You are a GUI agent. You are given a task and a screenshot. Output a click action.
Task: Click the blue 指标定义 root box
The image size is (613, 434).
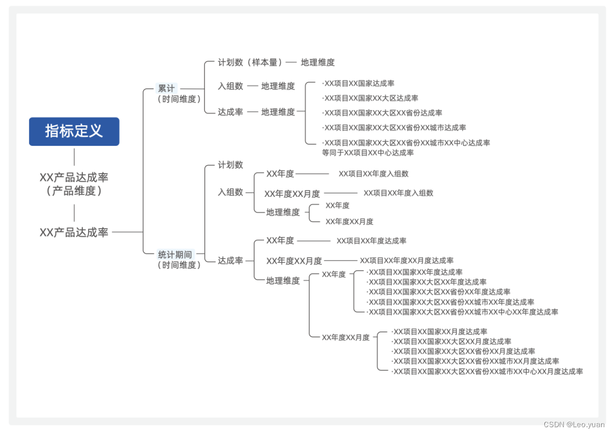click(x=74, y=131)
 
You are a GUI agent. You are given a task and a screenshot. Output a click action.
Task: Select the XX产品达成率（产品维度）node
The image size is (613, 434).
click(x=74, y=184)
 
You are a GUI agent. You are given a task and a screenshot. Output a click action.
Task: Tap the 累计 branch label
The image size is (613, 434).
click(x=166, y=89)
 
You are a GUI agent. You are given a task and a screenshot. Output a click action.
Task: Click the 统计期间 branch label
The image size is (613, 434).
click(x=175, y=254)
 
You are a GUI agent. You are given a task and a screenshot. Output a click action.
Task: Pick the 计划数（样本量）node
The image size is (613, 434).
click(x=250, y=62)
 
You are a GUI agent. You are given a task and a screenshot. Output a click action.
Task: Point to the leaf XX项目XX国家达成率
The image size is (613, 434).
click(x=359, y=83)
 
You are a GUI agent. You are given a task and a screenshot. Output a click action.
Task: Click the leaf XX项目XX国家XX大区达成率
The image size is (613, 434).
click(x=371, y=98)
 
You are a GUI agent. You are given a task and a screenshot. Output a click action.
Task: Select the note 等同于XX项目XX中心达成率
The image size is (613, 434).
click(x=368, y=153)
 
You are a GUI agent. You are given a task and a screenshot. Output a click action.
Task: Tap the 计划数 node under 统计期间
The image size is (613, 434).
click(x=230, y=165)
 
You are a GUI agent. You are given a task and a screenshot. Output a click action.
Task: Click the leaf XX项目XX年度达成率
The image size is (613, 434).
click(x=371, y=241)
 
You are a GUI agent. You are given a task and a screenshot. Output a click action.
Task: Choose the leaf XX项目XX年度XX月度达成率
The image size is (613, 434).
click(x=406, y=260)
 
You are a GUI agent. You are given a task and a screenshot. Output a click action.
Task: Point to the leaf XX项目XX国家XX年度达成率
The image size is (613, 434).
click(x=415, y=272)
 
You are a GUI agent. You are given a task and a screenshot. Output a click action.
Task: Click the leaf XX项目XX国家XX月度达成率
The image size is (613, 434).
click(x=440, y=332)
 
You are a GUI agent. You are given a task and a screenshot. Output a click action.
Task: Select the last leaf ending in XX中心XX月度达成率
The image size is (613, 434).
click(x=488, y=372)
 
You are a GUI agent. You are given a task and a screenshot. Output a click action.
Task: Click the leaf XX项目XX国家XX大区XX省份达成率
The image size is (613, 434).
click(x=383, y=113)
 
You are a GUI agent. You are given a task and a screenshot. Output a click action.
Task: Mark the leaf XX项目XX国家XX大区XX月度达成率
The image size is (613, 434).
click(x=452, y=342)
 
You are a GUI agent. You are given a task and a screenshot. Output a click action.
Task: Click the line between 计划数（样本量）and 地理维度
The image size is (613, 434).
click(x=291, y=62)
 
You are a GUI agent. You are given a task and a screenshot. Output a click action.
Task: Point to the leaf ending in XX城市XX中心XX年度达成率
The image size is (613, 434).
click(x=463, y=312)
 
